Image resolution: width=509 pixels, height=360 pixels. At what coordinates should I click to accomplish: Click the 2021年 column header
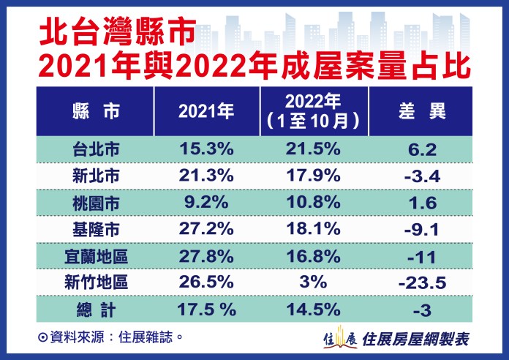[206, 111]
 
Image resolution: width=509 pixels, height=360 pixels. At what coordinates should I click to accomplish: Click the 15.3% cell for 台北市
[206, 149]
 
